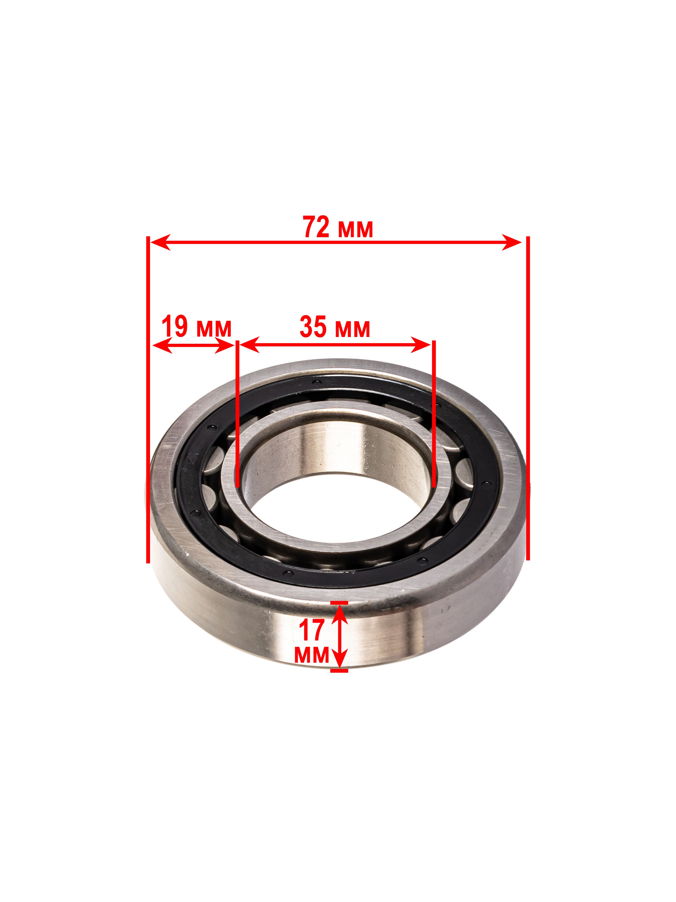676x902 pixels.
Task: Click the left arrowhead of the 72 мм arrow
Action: [160, 242]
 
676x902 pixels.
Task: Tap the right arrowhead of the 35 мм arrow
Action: [421, 345]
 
